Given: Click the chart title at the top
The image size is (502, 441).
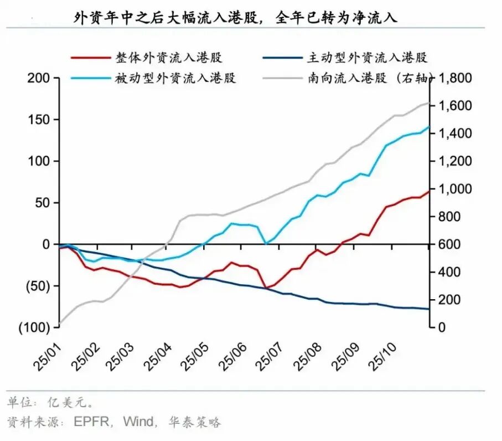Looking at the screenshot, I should click(236, 17).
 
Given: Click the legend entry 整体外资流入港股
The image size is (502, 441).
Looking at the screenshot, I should click(169, 58).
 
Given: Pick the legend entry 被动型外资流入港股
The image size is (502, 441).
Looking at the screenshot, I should click(175, 78).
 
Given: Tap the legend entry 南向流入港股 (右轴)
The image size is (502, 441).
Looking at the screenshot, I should click(368, 78).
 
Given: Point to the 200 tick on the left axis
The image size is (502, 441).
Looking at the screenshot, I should click(39, 78).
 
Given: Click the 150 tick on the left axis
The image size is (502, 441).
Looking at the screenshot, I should click(39, 120).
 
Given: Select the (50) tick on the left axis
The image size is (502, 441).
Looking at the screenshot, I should click(38, 286).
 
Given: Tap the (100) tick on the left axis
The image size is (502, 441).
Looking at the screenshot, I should click(35, 327).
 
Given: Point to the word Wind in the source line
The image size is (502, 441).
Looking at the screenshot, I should click(138, 422).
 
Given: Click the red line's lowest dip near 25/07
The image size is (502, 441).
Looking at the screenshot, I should click(266, 288).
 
